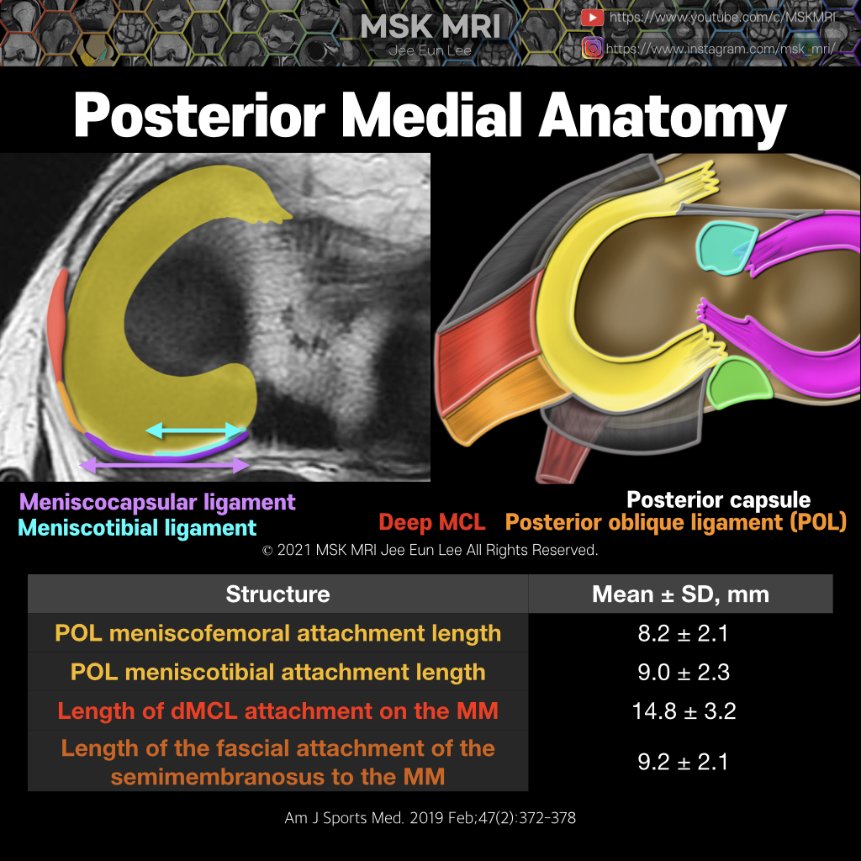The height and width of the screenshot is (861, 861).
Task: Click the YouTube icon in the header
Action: coord(593,18)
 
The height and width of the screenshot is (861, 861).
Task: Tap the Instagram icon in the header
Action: coord(593,48)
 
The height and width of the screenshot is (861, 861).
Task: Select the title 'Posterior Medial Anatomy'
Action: coord(430,116)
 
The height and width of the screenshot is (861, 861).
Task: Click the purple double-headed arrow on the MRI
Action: coord(164,464)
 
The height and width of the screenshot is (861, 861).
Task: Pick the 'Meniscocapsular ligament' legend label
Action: coord(157,503)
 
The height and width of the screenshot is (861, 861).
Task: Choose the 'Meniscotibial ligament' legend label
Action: coord(137,528)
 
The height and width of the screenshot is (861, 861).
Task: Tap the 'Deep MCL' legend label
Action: coord(431,522)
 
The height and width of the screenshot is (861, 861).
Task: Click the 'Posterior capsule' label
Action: coord(719,500)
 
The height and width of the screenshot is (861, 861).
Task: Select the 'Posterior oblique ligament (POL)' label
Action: coord(675,522)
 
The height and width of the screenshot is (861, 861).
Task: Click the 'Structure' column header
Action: coord(277,594)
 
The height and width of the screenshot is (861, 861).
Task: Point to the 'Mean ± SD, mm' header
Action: coord(680,594)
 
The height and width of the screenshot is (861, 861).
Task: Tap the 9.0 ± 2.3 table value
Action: coord(682,672)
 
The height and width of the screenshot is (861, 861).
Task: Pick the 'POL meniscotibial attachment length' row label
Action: coord(277,672)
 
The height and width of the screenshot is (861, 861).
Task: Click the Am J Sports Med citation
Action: coord(430,817)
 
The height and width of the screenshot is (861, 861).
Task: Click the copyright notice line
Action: coord(430,551)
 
